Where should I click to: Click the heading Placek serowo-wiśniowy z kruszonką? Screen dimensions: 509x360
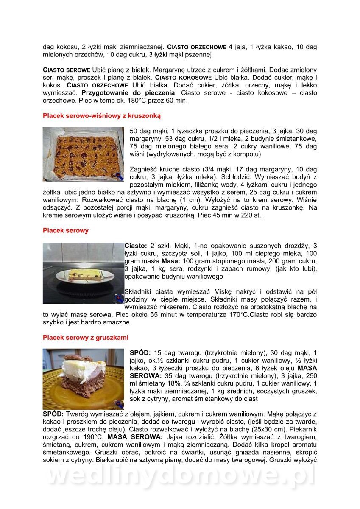[x=102, y=115]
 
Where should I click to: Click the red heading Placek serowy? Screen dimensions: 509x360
[x=66, y=231]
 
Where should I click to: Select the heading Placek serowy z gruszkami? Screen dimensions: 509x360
[x=86, y=338]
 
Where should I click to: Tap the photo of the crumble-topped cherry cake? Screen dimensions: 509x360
[x=83, y=154]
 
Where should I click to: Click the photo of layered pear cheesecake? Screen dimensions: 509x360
[x=83, y=379]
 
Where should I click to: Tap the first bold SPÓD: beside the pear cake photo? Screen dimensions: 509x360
[x=140, y=353]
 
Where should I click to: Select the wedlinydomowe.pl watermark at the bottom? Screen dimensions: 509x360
[x=180, y=476]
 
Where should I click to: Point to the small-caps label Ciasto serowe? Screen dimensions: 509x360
[x=67, y=70]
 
